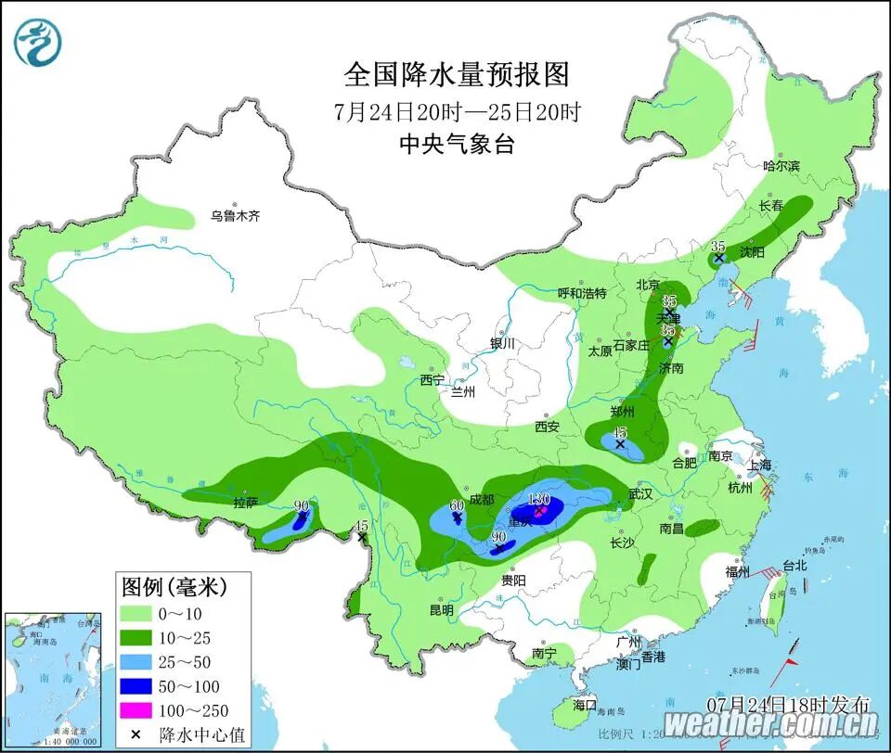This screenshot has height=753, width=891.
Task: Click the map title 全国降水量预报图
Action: [456, 74]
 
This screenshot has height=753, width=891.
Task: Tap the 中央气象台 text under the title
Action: [456, 144]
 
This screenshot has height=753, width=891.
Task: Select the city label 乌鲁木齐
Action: [235, 216]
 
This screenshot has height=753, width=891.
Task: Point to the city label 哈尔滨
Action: [781, 166]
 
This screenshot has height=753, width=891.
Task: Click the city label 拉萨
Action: [245, 504]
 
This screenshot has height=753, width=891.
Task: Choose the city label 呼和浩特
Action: [581, 293]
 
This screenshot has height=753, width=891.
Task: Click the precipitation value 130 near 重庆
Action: [539, 499]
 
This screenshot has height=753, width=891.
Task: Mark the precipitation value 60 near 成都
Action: [456, 505]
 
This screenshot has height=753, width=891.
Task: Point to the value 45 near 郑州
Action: [619, 432]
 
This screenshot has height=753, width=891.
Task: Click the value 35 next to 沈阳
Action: [717, 246]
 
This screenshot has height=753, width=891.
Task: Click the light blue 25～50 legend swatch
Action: [136, 661]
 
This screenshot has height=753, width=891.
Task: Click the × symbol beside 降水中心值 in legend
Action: [136, 734]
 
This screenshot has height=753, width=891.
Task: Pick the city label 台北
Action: [795, 565]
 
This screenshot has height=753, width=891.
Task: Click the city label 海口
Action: [585, 705]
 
